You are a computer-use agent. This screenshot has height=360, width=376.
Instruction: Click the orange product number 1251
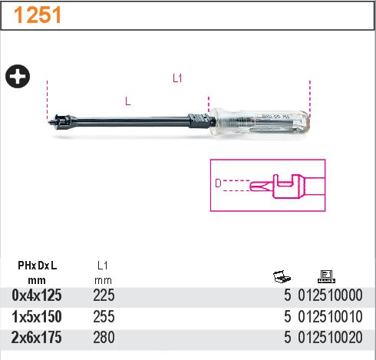coord(38,15)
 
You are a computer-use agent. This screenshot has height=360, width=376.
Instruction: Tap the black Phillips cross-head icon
coord(18,76)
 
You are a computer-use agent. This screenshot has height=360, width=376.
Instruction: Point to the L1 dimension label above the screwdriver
coord(177,78)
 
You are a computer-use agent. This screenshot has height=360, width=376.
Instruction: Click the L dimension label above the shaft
coord(128,101)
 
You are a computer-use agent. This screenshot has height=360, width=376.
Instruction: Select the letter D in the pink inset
coord(218,183)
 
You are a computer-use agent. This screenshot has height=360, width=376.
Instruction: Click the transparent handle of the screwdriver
coord(259,122)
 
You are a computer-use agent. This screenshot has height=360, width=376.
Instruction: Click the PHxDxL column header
coord(37,266)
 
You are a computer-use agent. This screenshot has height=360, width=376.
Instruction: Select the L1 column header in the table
coord(103,266)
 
